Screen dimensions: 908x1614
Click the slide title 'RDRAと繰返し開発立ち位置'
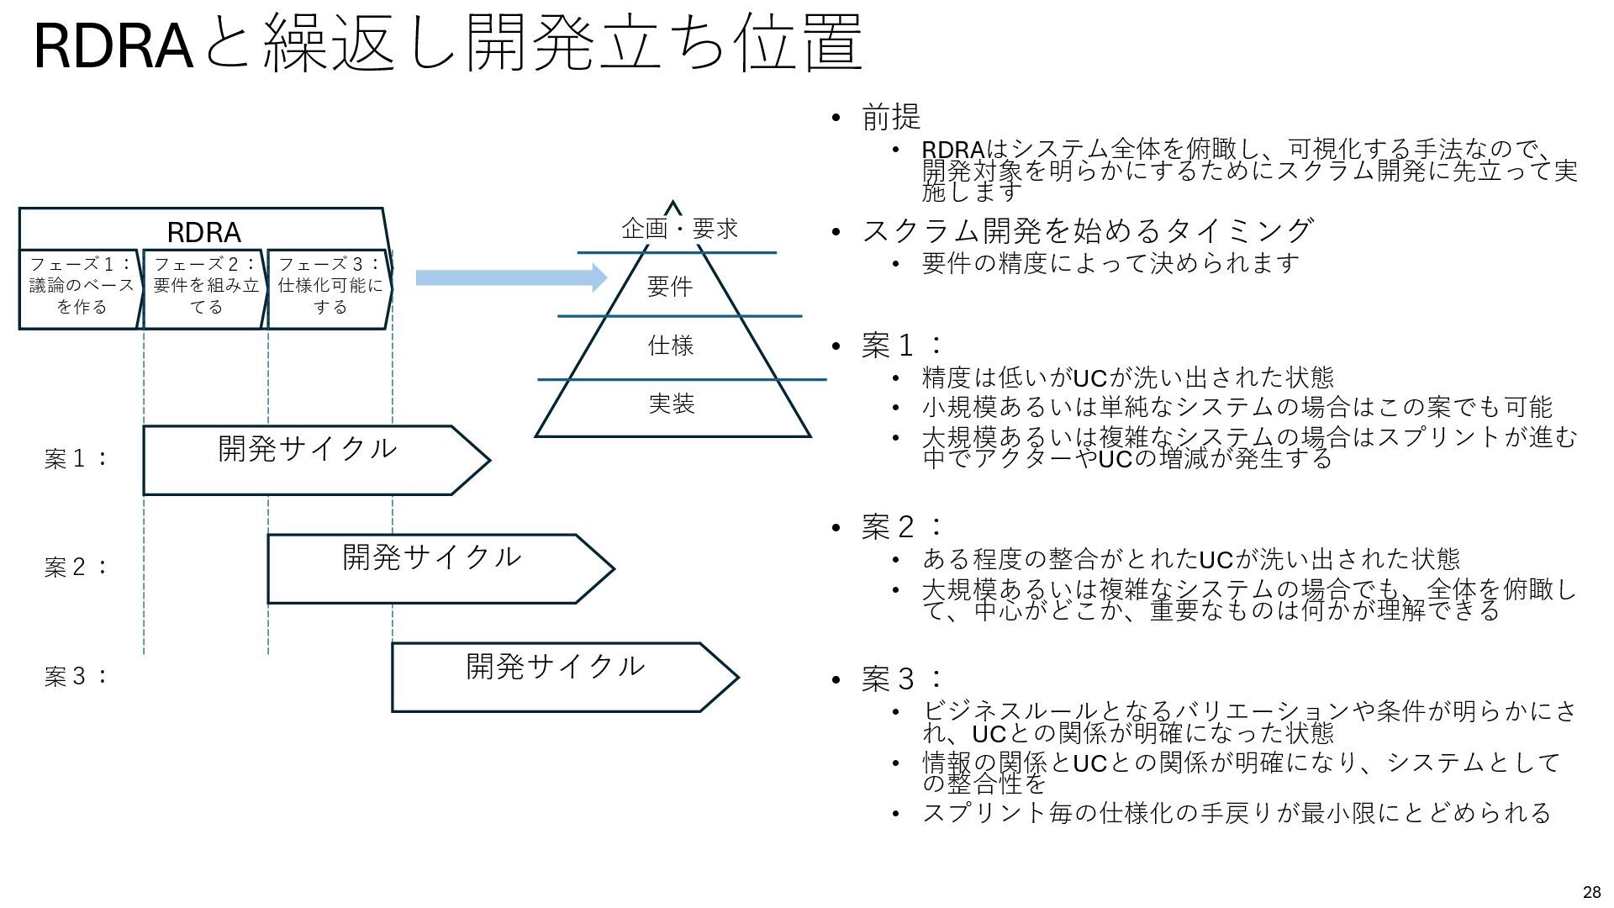[448, 44]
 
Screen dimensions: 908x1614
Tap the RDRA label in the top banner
[203, 232]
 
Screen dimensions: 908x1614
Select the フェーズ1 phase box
[81, 286]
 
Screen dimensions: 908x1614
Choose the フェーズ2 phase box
[205, 286]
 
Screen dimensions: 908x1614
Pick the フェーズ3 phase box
[330, 286]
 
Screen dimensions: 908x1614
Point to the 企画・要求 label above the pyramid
[679, 229]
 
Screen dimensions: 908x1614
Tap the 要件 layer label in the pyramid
[670, 287]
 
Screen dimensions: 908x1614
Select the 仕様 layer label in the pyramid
[670, 346]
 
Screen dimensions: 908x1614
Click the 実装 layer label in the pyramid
[671, 404]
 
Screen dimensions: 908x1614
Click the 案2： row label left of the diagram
[76, 567]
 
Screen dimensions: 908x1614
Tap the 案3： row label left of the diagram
[76, 677]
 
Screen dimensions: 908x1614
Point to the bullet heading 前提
[891, 117]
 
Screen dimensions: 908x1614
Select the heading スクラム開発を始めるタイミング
[1087, 230]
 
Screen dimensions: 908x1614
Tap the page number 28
[1591, 893]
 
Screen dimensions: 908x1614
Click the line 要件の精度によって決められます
[1110, 264]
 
